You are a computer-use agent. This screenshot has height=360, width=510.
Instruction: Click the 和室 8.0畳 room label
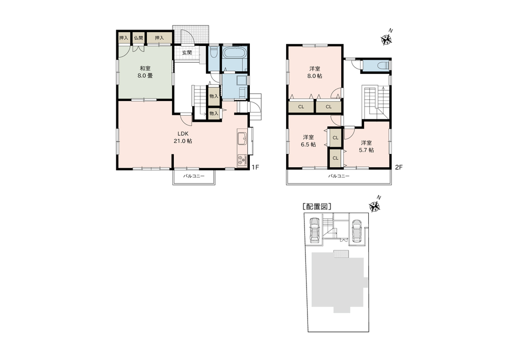click(x=145, y=72)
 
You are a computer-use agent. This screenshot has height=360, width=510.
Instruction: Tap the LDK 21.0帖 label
click(x=184, y=137)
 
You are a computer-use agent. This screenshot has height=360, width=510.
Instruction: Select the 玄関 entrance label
click(x=187, y=53)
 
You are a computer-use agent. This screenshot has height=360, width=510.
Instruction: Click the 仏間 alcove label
click(x=139, y=38)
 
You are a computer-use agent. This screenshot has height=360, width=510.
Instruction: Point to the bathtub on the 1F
click(x=235, y=53)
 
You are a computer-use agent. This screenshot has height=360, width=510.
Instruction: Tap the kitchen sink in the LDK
click(x=242, y=138)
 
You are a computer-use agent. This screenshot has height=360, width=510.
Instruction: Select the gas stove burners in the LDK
click(x=242, y=160)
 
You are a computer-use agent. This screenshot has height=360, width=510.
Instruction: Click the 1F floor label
click(x=256, y=167)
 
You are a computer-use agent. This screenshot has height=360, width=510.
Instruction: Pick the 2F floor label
click(x=399, y=167)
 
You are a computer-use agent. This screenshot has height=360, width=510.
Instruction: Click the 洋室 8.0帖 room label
click(x=315, y=72)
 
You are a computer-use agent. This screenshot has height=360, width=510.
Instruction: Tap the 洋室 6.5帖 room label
click(x=309, y=141)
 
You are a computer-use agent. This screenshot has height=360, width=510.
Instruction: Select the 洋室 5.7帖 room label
click(x=366, y=146)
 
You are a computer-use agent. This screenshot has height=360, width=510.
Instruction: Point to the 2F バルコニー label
click(x=339, y=176)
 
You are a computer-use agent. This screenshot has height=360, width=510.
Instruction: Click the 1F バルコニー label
click(x=193, y=176)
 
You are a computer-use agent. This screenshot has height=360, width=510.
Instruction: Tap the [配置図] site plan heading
click(x=317, y=206)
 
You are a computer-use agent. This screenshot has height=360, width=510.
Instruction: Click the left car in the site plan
click(x=315, y=229)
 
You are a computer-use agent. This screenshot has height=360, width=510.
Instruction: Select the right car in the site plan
click(x=357, y=231)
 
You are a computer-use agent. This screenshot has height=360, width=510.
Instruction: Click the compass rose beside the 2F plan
click(x=387, y=39)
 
